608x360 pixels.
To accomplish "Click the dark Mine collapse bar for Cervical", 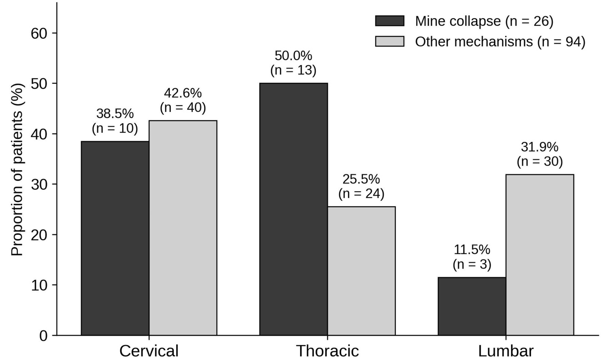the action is pos(115,238).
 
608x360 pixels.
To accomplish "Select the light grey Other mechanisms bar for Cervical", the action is pos(183,228).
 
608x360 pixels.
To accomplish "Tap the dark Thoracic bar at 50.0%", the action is pos(293,209).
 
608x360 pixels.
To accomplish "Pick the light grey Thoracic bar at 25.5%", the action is pos(361,271).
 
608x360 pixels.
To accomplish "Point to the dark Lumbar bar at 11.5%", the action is pos(472,306).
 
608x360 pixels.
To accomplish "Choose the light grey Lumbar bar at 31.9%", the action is pos(540,255).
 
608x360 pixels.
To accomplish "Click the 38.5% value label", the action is pos(115,114).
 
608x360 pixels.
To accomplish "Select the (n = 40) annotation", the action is pos(183,107).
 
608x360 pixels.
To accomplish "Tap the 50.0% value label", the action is pos(293,56).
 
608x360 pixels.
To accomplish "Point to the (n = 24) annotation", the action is pos(361,194).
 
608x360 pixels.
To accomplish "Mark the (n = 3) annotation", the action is pos(472,264).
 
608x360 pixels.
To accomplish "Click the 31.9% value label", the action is pos(540,147).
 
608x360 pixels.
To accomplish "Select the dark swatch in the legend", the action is pos(390,21).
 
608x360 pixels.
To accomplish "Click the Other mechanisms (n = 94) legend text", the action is pos(500,42).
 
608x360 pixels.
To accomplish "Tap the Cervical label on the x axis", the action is pos(149,351).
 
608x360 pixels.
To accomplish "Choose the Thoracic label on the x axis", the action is pos(327,351).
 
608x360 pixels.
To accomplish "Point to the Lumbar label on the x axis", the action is pos(506,351).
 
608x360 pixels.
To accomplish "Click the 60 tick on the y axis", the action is pos(39,34).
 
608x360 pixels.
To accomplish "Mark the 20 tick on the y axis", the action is pos(39,235).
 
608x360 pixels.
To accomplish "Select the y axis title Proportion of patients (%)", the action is pos(17,170).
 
